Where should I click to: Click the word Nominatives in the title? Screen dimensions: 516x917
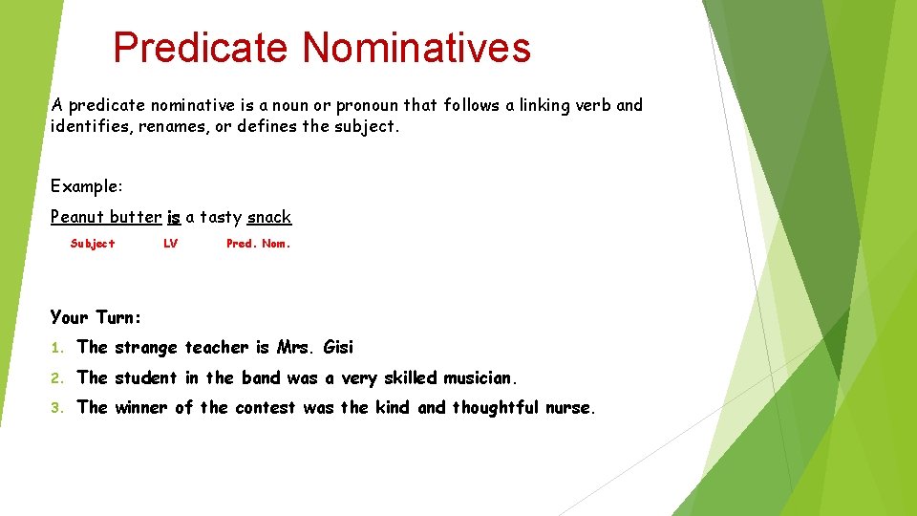click(416, 48)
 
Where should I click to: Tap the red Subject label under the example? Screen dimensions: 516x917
click(93, 244)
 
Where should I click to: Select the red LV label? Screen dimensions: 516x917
click(170, 244)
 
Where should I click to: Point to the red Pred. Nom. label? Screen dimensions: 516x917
click(258, 244)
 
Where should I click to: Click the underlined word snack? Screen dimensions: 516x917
click(269, 217)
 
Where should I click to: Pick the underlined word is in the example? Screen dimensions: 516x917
click(174, 217)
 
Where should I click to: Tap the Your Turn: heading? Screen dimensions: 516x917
click(96, 317)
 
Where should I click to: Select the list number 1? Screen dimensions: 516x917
click(56, 348)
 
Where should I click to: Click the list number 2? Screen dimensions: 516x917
click(56, 378)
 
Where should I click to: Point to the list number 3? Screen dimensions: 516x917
click(56, 408)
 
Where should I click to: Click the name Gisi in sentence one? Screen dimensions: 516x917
click(338, 347)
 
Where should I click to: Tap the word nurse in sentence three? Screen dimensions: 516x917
click(570, 408)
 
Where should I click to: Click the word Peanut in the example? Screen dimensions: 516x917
click(77, 217)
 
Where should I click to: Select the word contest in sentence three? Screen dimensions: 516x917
click(266, 408)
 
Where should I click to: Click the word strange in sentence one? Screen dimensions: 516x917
click(146, 348)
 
